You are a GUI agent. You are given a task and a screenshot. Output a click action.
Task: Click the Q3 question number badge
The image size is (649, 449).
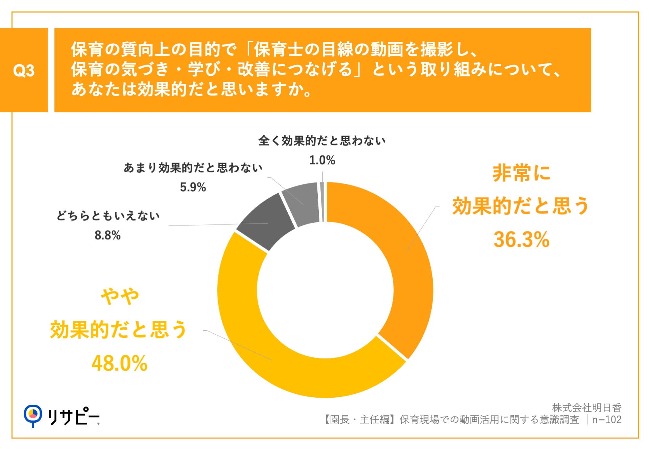point(24,70)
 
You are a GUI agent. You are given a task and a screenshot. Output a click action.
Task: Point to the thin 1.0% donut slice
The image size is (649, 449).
point(322,202)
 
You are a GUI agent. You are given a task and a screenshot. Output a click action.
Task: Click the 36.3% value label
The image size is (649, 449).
point(521,240)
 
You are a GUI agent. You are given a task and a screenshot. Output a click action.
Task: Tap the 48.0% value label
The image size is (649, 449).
point(120,364)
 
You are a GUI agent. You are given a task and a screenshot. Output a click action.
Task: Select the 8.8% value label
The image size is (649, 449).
point(107,235)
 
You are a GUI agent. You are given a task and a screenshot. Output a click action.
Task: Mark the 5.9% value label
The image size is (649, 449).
point(193,187)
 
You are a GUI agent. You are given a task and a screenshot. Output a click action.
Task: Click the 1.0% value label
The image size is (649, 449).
point(322,160)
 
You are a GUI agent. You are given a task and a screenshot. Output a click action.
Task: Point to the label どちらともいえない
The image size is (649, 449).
point(108,216)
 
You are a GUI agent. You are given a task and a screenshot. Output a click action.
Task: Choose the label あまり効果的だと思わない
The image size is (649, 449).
point(193,168)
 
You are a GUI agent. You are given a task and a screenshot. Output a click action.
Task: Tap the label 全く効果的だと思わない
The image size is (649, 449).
point(322,141)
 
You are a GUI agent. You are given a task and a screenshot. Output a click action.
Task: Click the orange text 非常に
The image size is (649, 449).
point(521,173)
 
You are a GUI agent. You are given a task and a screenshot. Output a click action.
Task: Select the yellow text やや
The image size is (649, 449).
point(120,297)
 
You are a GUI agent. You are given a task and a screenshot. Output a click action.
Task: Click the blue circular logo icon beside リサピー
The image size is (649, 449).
point(33,415)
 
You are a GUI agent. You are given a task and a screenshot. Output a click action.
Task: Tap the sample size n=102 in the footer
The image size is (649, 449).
point(607,420)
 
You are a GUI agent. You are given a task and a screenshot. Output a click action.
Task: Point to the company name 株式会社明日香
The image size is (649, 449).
point(586,408)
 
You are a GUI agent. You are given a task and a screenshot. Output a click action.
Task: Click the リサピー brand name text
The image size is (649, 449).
point(73,417)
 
